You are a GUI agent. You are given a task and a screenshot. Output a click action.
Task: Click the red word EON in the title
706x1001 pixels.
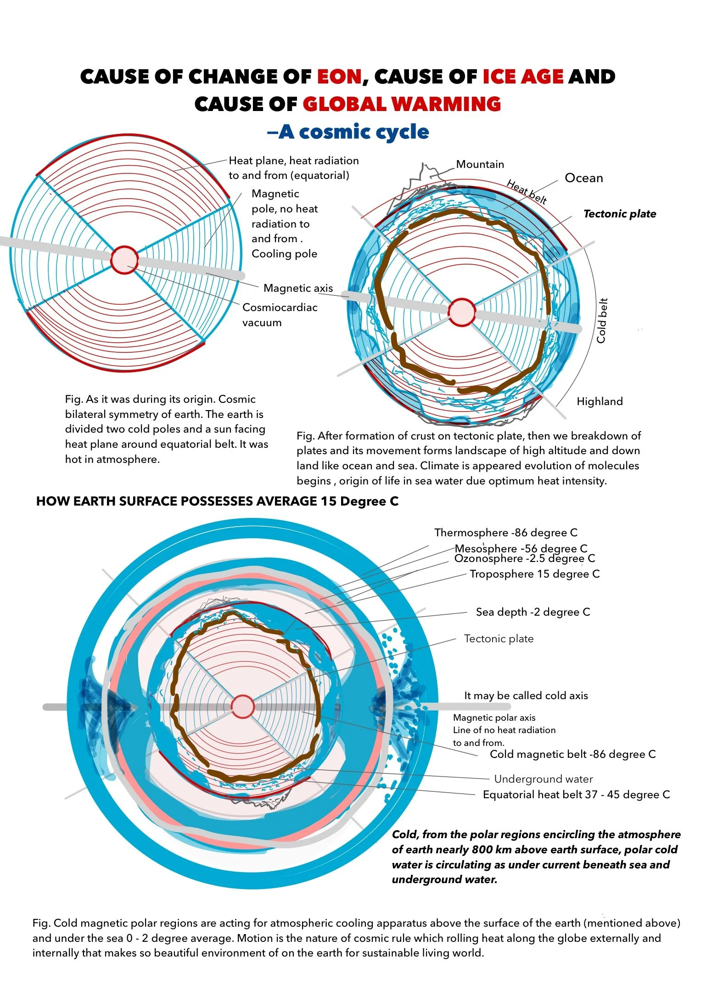[340, 77]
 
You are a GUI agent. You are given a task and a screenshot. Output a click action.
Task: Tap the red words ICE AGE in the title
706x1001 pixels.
[523, 77]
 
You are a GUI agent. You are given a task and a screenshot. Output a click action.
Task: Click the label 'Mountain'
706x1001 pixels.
[480, 164]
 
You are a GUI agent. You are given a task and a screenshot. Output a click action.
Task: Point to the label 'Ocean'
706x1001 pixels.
[583, 178]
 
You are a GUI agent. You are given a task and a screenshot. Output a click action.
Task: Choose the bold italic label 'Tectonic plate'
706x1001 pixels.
[619, 214]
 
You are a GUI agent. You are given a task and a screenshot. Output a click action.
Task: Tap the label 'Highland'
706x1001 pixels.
[600, 401]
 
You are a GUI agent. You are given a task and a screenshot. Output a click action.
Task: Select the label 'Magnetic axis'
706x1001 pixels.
[298, 288]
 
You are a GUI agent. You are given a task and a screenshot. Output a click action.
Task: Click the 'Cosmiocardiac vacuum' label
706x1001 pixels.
[280, 315]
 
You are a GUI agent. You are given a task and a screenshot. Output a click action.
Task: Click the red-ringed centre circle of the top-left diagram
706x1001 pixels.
[124, 260]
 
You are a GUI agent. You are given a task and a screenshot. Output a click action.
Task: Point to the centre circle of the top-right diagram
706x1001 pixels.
[461, 312]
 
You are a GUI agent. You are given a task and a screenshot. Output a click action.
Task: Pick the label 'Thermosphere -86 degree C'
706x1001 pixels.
[506, 533]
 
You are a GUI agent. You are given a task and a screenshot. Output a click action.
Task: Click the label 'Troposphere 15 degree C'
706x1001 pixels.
[534, 574]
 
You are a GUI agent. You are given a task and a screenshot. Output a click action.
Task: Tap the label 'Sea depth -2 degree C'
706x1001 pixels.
[532, 612]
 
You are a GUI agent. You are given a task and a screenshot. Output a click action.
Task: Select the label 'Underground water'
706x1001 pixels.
[543, 779]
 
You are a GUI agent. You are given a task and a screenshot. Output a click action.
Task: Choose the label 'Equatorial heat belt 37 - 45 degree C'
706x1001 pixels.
[576, 795]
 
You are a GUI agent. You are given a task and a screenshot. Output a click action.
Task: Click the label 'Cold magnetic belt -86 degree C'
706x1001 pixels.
[572, 754]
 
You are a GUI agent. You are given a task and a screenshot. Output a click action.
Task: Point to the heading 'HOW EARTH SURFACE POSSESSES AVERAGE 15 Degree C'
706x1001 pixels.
[217, 501]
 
